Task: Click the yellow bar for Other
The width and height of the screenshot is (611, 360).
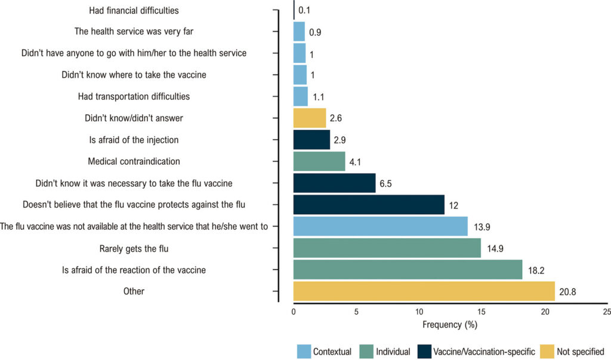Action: (x=424, y=291)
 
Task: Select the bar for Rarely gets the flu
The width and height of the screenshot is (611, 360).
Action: (x=387, y=248)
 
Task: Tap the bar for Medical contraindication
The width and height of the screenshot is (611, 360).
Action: (x=319, y=161)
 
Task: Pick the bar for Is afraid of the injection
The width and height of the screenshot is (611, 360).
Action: (x=311, y=140)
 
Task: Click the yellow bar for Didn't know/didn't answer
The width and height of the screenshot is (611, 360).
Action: (x=310, y=118)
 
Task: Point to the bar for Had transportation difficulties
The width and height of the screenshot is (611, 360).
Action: (x=301, y=96)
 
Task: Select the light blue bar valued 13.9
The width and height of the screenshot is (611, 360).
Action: (x=380, y=226)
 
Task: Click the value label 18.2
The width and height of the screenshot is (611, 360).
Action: (x=536, y=270)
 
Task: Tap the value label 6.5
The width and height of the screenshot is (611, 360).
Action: (x=385, y=183)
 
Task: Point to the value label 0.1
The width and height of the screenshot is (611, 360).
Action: (x=304, y=10)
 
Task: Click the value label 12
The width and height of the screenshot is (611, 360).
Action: (x=453, y=205)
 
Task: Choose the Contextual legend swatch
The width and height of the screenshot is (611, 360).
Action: (x=304, y=352)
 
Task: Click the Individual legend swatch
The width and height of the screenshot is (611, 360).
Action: (x=367, y=352)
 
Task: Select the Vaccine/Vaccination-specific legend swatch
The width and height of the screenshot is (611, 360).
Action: (x=424, y=352)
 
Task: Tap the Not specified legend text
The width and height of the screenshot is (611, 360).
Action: (x=581, y=352)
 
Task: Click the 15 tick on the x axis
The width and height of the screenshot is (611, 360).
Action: (x=482, y=312)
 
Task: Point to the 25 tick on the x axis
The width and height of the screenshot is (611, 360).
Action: (x=606, y=312)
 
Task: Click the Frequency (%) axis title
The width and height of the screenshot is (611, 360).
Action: (x=450, y=325)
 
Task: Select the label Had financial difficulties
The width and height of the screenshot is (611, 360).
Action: (x=134, y=11)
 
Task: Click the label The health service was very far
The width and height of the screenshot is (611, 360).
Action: (x=134, y=31)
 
